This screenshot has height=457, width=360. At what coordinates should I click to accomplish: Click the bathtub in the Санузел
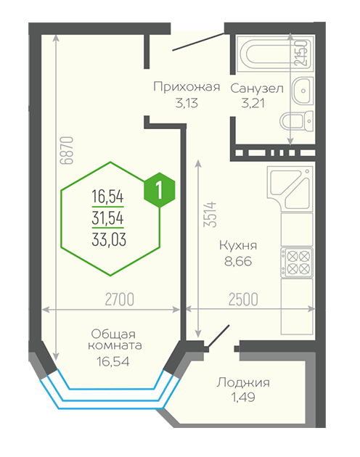pos(275,54)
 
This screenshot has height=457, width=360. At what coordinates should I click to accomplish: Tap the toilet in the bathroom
pos(296,121)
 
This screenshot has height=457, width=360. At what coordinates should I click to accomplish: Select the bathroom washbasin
pos(303,91)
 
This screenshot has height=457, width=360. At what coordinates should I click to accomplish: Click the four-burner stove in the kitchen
pos(297,263)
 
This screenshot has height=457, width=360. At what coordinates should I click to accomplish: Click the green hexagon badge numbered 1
pos(159,190)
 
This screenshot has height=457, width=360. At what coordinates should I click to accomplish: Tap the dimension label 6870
pos(67,150)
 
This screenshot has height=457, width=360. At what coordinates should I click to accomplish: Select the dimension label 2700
pos(119,300)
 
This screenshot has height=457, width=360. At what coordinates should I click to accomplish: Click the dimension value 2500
pos(243,300)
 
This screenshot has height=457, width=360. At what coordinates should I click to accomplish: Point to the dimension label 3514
pos(210,214)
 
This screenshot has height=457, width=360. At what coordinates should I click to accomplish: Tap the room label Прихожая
pos(187,87)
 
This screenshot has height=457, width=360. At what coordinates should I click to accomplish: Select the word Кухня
pos(238,245)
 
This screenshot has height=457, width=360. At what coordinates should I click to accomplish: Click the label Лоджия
pos(243,383)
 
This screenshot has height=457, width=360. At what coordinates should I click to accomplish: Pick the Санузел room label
pos(257,88)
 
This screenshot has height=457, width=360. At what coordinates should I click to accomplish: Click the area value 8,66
pos(238,261)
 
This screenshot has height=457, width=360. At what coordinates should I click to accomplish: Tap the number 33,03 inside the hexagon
pos(109,239)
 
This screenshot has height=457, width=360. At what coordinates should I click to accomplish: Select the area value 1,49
pos(243,398)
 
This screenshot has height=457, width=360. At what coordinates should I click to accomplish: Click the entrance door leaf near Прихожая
pos(198,42)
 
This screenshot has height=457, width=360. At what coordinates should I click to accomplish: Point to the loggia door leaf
pos(218,336)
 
